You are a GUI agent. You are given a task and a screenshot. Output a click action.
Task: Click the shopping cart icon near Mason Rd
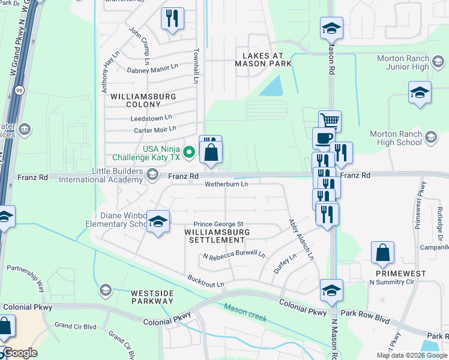point(330,121)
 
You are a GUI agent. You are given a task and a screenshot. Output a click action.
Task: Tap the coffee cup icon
point(323,137)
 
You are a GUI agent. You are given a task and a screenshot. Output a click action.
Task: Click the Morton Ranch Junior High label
point(403,62)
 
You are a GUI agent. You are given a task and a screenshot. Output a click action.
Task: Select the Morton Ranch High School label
point(396,138)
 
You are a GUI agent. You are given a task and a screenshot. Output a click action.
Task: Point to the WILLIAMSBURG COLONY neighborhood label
point(134,100)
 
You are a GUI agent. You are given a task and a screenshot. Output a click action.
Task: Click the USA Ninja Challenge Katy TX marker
point(188,152)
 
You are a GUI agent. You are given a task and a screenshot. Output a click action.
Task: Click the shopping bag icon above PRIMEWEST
point(382,253)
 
